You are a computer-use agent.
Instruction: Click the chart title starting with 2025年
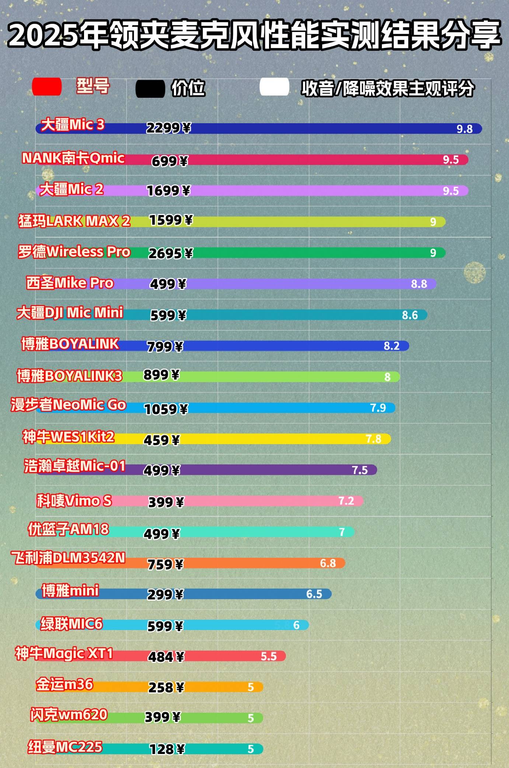coord(254,35)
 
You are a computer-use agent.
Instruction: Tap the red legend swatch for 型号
coord(47,87)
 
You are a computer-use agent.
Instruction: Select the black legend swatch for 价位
coord(150,89)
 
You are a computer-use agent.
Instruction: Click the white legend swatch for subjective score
coord(274,87)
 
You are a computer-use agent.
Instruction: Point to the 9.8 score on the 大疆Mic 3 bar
coord(464,129)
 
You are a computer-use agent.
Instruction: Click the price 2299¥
coord(168,128)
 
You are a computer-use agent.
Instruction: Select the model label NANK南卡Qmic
coord(73,158)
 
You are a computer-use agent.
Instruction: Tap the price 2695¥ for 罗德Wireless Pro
coord(170,253)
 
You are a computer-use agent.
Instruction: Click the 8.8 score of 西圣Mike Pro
coord(419,284)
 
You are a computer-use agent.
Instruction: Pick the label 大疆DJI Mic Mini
coord(70,312)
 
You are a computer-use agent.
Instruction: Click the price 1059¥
coord(166,409)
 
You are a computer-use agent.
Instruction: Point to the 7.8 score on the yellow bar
coord(373,439)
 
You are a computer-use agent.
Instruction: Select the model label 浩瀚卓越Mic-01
coord(75,466)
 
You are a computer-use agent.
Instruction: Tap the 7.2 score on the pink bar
coord(346,501)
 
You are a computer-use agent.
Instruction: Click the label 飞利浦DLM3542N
coord(68,558)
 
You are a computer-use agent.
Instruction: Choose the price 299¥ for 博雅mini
coord(165,595)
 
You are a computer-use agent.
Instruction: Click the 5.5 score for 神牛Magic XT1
coord(269,656)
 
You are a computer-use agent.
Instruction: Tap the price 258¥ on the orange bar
coord(166,688)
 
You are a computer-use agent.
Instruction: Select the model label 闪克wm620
coord(69,715)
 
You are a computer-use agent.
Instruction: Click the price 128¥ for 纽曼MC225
coord(167,749)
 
